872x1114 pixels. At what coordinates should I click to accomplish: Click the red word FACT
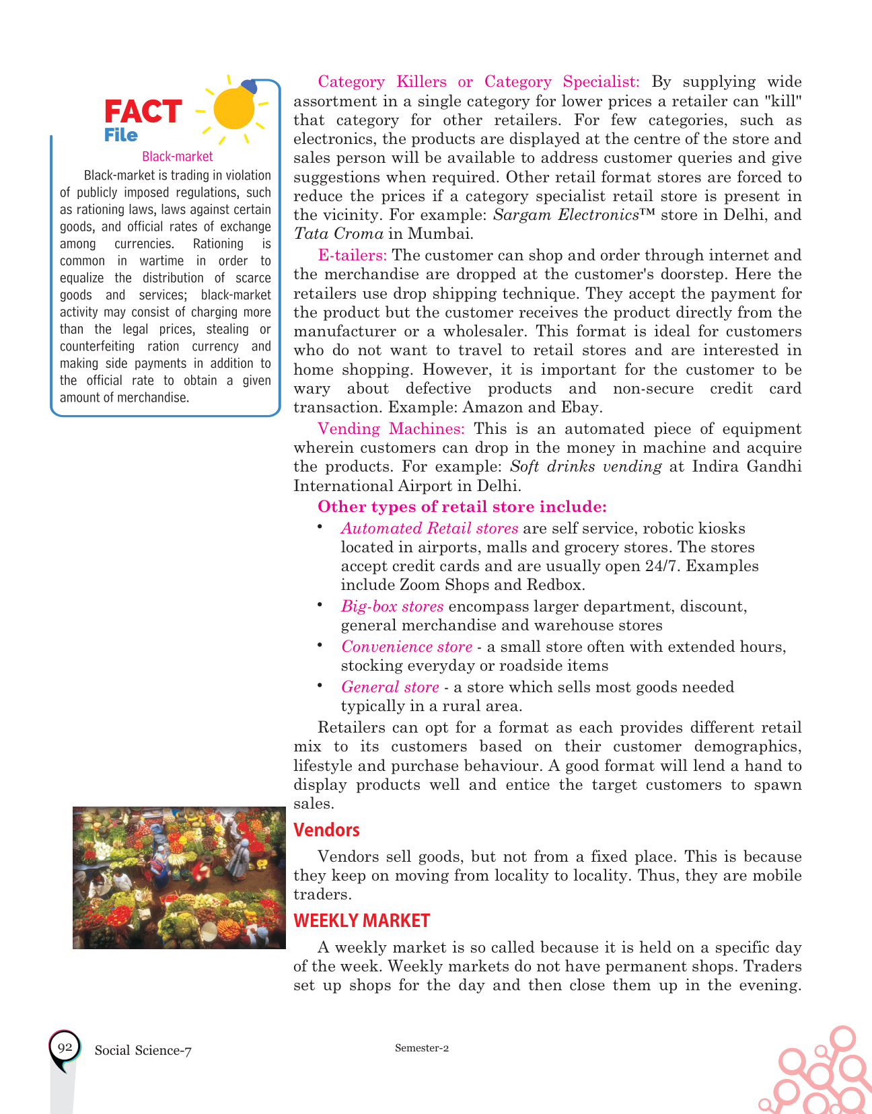click(143, 112)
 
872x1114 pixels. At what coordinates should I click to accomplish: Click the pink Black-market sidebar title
click(178, 157)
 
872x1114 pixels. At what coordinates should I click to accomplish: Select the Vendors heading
click(326, 830)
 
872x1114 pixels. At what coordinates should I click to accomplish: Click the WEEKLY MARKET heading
click(361, 920)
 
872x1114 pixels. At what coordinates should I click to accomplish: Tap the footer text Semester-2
click(422, 1048)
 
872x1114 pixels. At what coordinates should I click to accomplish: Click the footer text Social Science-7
click(143, 1051)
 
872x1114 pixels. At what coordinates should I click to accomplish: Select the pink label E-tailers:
click(352, 256)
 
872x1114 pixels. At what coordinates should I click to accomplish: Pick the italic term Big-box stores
click(392, 606)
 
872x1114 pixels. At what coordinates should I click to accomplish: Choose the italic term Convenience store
click(406, 646)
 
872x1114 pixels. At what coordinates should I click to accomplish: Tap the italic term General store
click(390, 687)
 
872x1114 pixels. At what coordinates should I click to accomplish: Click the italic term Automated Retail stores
click(429, 528)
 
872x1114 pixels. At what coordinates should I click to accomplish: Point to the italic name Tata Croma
click(338, 234)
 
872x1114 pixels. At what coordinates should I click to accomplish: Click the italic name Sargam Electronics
click(565, 215)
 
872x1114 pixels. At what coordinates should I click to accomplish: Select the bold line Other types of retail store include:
click(462, 507)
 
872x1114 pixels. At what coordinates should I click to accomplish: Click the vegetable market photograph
click(179, 878)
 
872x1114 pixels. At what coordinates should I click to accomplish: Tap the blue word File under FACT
click(121, 135)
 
